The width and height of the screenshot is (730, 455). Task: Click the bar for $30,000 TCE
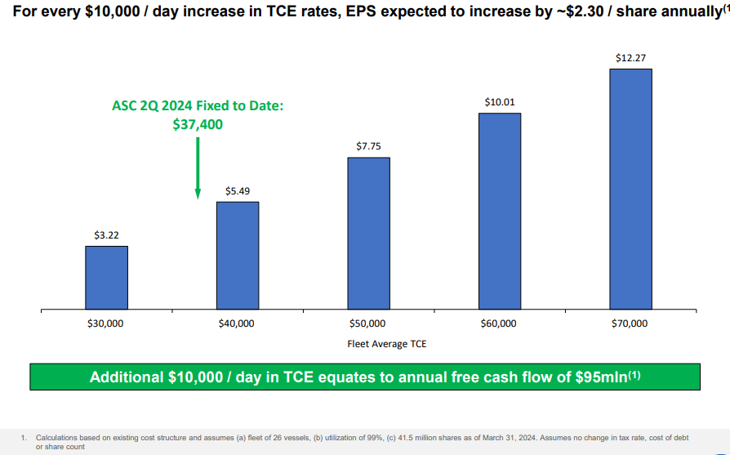[x=106, y=278]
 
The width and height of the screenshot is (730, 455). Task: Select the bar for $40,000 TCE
[x=237, y=256]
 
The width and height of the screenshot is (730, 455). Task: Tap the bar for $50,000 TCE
[x=368, y=234]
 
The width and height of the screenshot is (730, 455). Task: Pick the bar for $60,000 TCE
[x=499, y=212]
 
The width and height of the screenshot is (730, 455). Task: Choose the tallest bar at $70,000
[x=630, y=190]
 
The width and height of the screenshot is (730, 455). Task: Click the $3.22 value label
[x=106, y=235]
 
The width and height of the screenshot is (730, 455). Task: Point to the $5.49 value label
[x=237, y=191]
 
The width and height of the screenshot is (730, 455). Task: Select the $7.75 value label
[x=368, y=147]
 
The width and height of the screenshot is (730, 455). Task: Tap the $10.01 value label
[x=499, y=103]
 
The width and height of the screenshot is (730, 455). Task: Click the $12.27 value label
[x=630, y=59]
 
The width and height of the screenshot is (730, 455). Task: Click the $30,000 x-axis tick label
[x=106, y=323]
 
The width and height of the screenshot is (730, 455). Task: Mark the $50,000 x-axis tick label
[x=368, y=323]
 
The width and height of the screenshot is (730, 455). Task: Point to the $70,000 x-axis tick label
[x=630, y=323]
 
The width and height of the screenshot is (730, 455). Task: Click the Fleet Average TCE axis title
[x=387, y=344]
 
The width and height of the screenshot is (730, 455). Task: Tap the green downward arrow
[x=198, y=167]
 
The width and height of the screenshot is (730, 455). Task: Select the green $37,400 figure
[x=198, y=124]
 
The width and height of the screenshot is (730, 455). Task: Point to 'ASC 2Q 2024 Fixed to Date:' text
[x=198, y=106]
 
